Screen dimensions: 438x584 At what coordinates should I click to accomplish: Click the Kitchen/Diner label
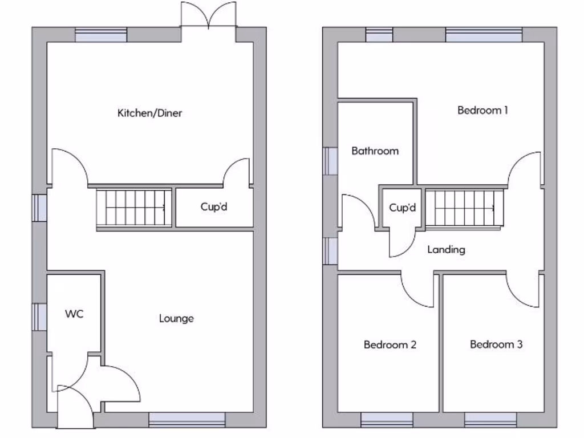[x=149, y=113]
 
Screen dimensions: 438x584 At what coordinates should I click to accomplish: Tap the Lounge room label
[x=176, y=318]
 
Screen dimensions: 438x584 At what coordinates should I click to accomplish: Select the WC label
[x=74, y=314]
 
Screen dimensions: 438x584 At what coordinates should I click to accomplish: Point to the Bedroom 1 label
[x=482, y=110]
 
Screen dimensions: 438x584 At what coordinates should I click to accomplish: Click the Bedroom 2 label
[x=390, y=344]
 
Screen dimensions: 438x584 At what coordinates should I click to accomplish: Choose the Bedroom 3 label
[x=496, y=344]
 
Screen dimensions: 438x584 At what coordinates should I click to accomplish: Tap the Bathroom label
[x=375, y=151]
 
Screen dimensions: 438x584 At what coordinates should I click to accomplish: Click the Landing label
[x=446, y=249]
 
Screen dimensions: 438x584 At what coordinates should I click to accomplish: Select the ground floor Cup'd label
[x=214, y=206]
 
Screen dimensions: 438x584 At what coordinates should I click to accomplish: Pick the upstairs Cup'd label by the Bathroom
[x=403, y=208]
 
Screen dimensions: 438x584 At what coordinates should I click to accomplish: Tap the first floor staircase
[x=465, y=208]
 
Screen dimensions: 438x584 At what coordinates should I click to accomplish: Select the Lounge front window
[x=187, y=420]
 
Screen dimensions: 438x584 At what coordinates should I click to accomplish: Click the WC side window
[x=39, y=316]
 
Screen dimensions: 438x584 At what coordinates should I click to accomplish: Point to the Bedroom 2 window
[x=387, y=420]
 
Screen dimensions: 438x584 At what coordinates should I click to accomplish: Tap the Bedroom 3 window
[x=490, y=420]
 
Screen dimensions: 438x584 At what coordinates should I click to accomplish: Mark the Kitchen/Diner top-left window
[x=101, y=35]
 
